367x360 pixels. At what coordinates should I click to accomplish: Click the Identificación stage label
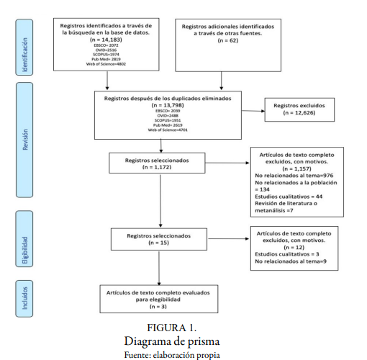tap(27, 48)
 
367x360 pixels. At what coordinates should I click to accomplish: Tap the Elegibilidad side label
tap(27, 240)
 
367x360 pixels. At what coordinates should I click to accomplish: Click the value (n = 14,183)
tap(106, 39)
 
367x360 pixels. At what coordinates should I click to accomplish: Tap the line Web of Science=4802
tap(106, 66)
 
